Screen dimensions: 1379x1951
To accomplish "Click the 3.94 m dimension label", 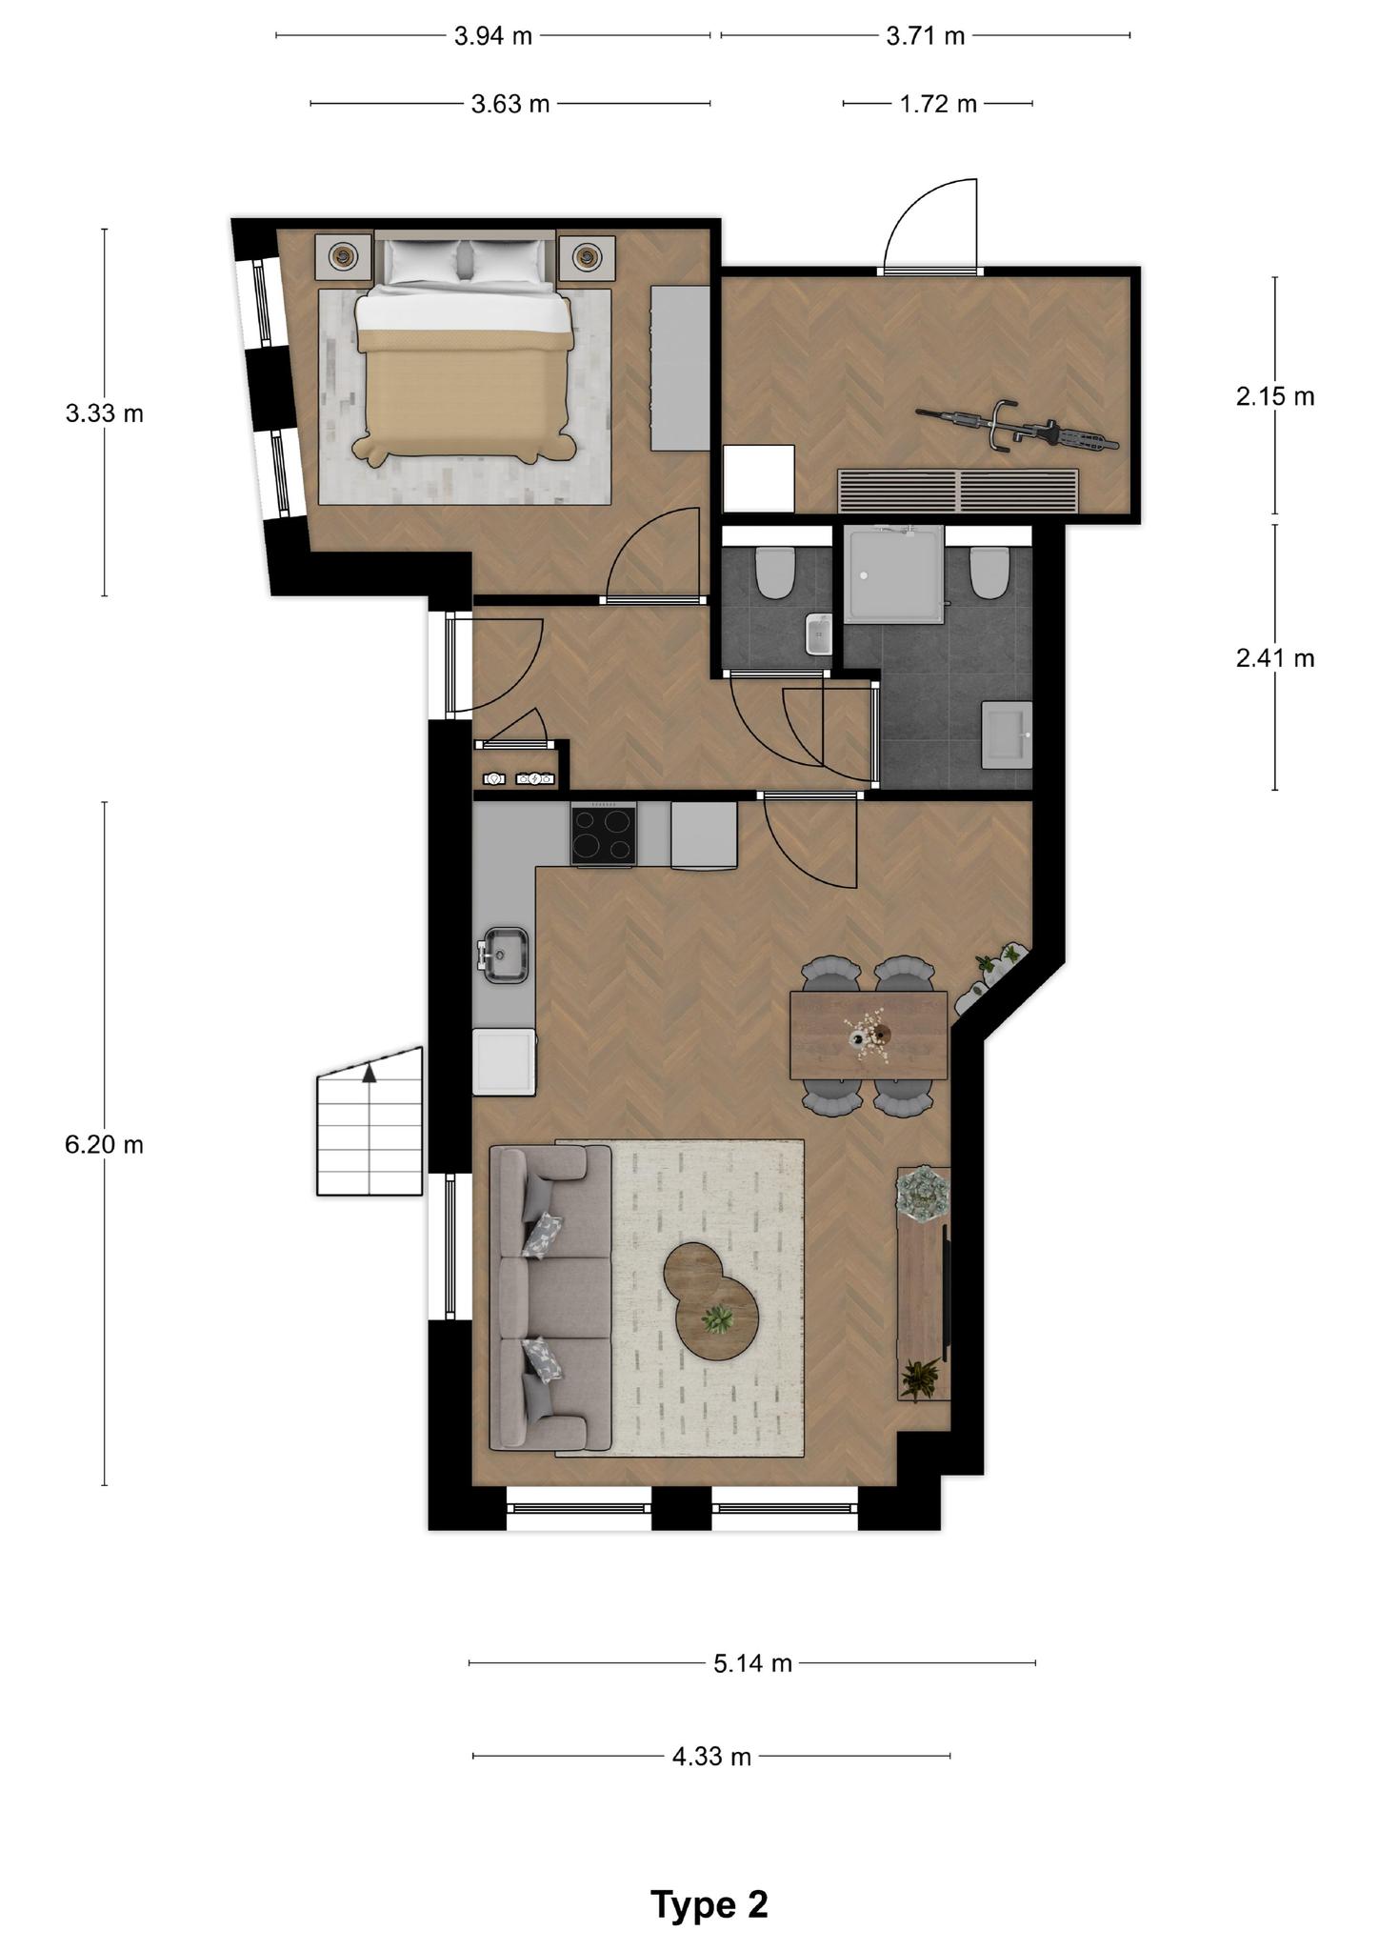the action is coord(493,36).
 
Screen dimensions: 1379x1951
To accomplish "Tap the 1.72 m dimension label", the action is coord(938,104).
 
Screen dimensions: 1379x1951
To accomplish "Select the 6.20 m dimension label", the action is coord(105,1144).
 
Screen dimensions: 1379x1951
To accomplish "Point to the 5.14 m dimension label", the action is coord(752,1663).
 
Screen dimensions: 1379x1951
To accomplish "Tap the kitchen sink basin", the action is coord(505,955).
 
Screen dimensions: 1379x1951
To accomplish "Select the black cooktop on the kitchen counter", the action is coord(604,835).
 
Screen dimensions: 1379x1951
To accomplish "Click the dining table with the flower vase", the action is coord(869,1035).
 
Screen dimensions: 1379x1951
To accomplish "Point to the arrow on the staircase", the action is coord(370,1074).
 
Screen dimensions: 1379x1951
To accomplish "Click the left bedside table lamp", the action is coord(342,255).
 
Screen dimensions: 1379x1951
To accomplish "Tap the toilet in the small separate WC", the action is coord(775,571).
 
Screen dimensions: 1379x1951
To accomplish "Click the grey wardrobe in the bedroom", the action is coord(680,368).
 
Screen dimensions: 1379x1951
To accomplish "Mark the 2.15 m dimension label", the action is coord(1275,397).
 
